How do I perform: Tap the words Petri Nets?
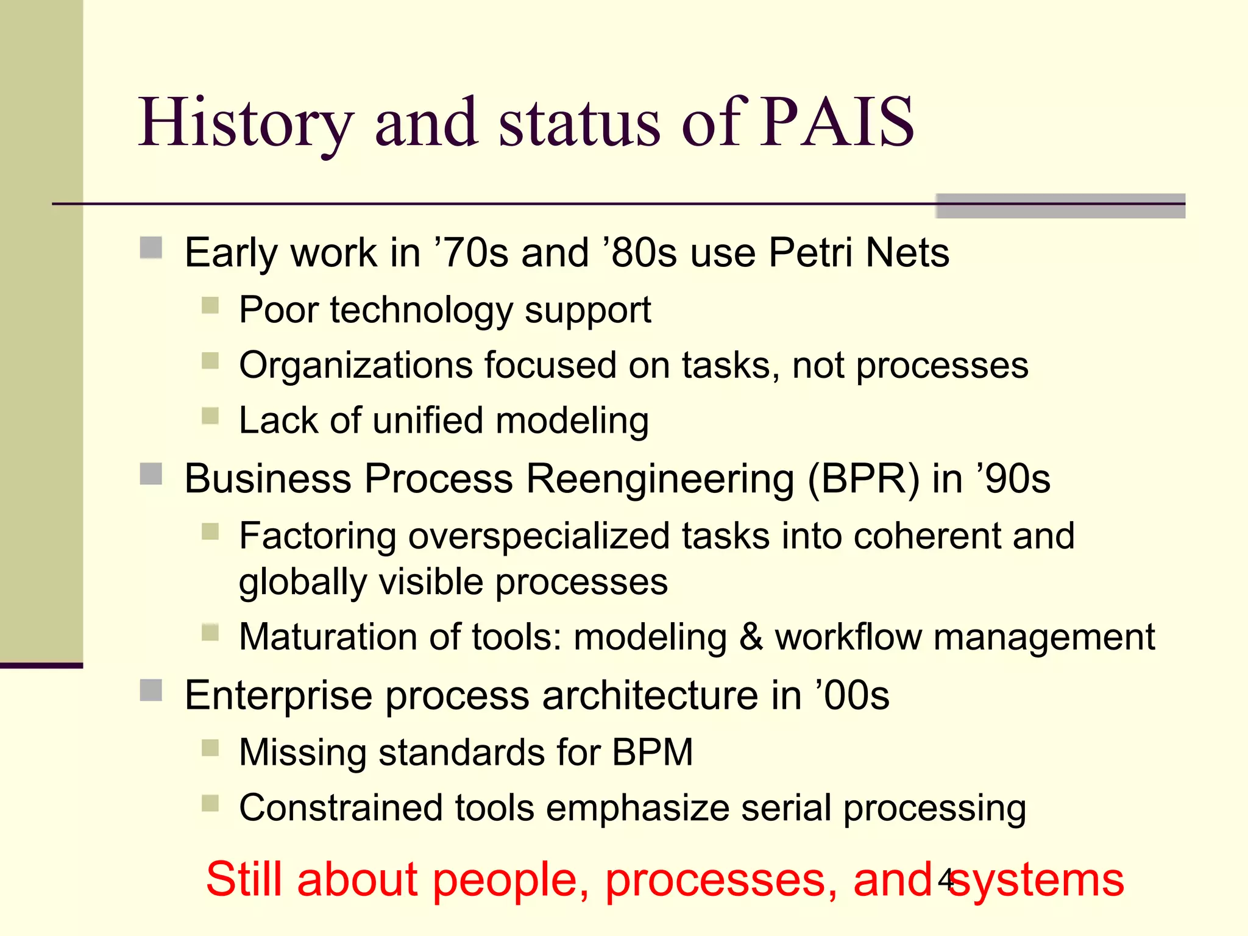click(859, 253)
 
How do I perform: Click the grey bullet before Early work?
click(151, 248)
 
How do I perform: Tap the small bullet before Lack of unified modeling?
click(210, 416)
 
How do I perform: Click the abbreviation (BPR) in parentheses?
click(863, 479)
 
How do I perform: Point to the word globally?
click(303, 582)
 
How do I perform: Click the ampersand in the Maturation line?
click(751, 637)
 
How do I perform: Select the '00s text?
click(853, 695)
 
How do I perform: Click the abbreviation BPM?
click(652, 752)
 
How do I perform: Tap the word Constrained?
click(341, 808)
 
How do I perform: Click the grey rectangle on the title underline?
click(1060, 206)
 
